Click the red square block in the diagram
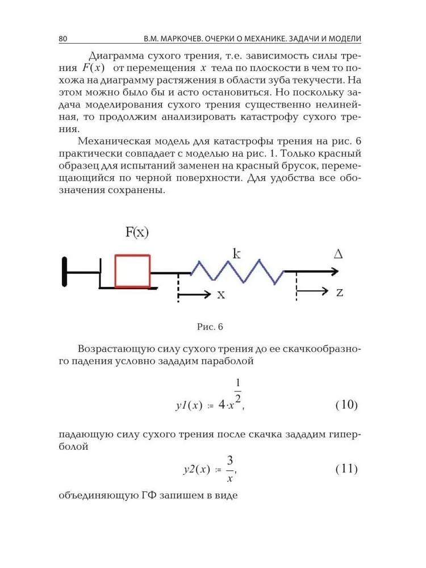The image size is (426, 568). coord(132,271)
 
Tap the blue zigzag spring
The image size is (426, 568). coord(237,272)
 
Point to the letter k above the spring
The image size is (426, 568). coord(236,253)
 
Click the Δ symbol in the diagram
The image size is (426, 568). coord(339,254)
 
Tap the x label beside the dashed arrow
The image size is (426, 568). coord(221,294)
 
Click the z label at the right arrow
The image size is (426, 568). coord(340,292)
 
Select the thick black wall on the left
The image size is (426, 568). coord(65,272)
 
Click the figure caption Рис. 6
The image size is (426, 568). coord(210,327)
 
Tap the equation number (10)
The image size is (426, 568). coord(346,405)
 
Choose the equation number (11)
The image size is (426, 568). coord(346,469)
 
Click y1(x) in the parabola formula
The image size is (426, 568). coord(189,406)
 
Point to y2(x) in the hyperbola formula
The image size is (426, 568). coord(197,470)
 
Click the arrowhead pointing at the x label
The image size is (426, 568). coord(207,294)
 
